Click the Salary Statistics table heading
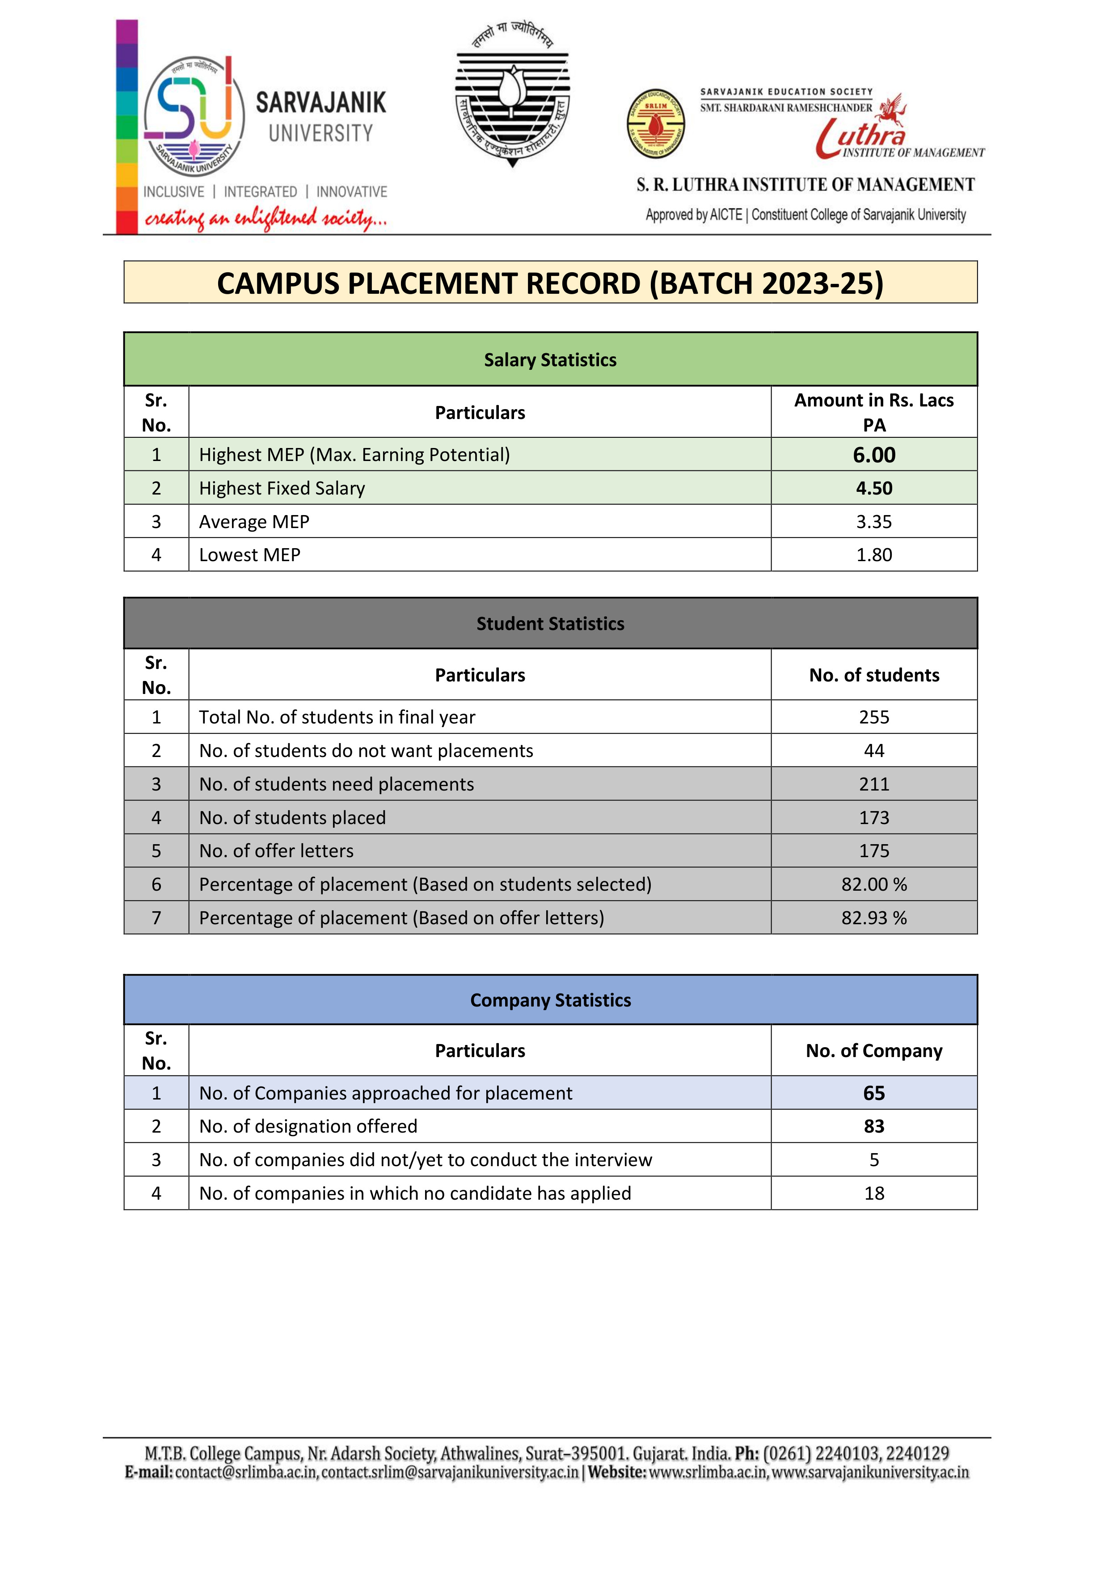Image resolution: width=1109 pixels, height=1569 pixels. (550, 360)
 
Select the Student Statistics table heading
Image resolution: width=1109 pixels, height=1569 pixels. (550, 624)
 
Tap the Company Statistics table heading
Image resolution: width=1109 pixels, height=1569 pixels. (550, 1000)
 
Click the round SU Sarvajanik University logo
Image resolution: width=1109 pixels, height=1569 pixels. (195, 116)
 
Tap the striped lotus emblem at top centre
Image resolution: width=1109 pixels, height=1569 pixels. (512, 96)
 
